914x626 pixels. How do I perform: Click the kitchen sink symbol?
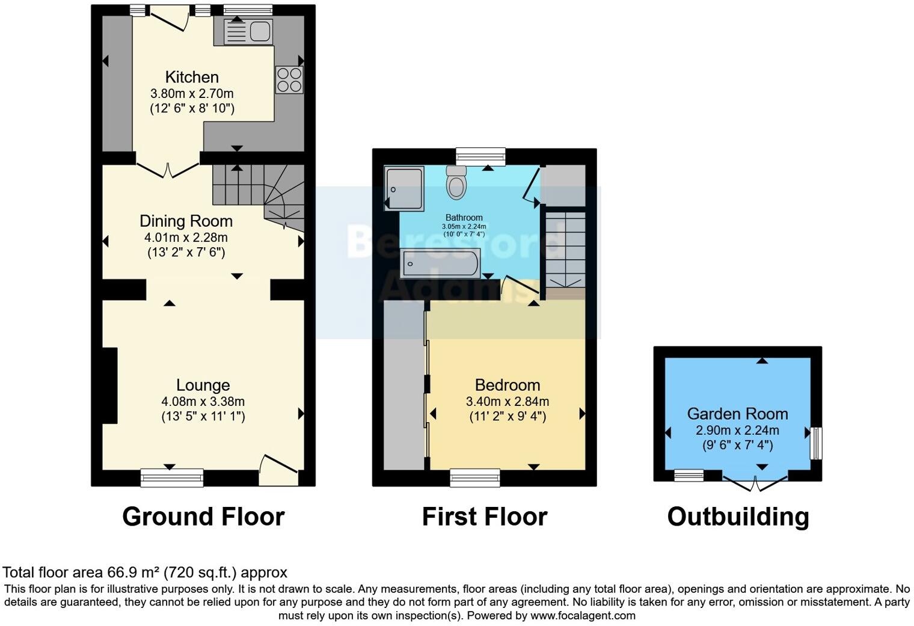point(248,31)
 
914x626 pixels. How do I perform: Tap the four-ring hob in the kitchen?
point(289,80)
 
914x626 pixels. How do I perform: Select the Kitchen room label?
point(192,77)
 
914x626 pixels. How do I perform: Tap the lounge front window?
point(172,477)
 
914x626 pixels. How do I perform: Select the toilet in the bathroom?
point(456,182)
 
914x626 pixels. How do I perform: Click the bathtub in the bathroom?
point(440,263)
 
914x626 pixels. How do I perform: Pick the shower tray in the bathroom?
point(404,188)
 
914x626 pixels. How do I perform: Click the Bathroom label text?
point(464,218)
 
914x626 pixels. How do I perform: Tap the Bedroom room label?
point(507,385)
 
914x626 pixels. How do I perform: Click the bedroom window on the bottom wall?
point(475,477)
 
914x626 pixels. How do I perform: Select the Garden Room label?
point(737,414)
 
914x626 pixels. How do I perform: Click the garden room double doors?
point(755,481)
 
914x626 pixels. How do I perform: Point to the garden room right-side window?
point(815,443)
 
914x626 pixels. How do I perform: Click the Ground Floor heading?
point(203,517)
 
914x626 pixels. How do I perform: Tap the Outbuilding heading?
point(738,517)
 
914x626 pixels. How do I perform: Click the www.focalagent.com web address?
point(583,616)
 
